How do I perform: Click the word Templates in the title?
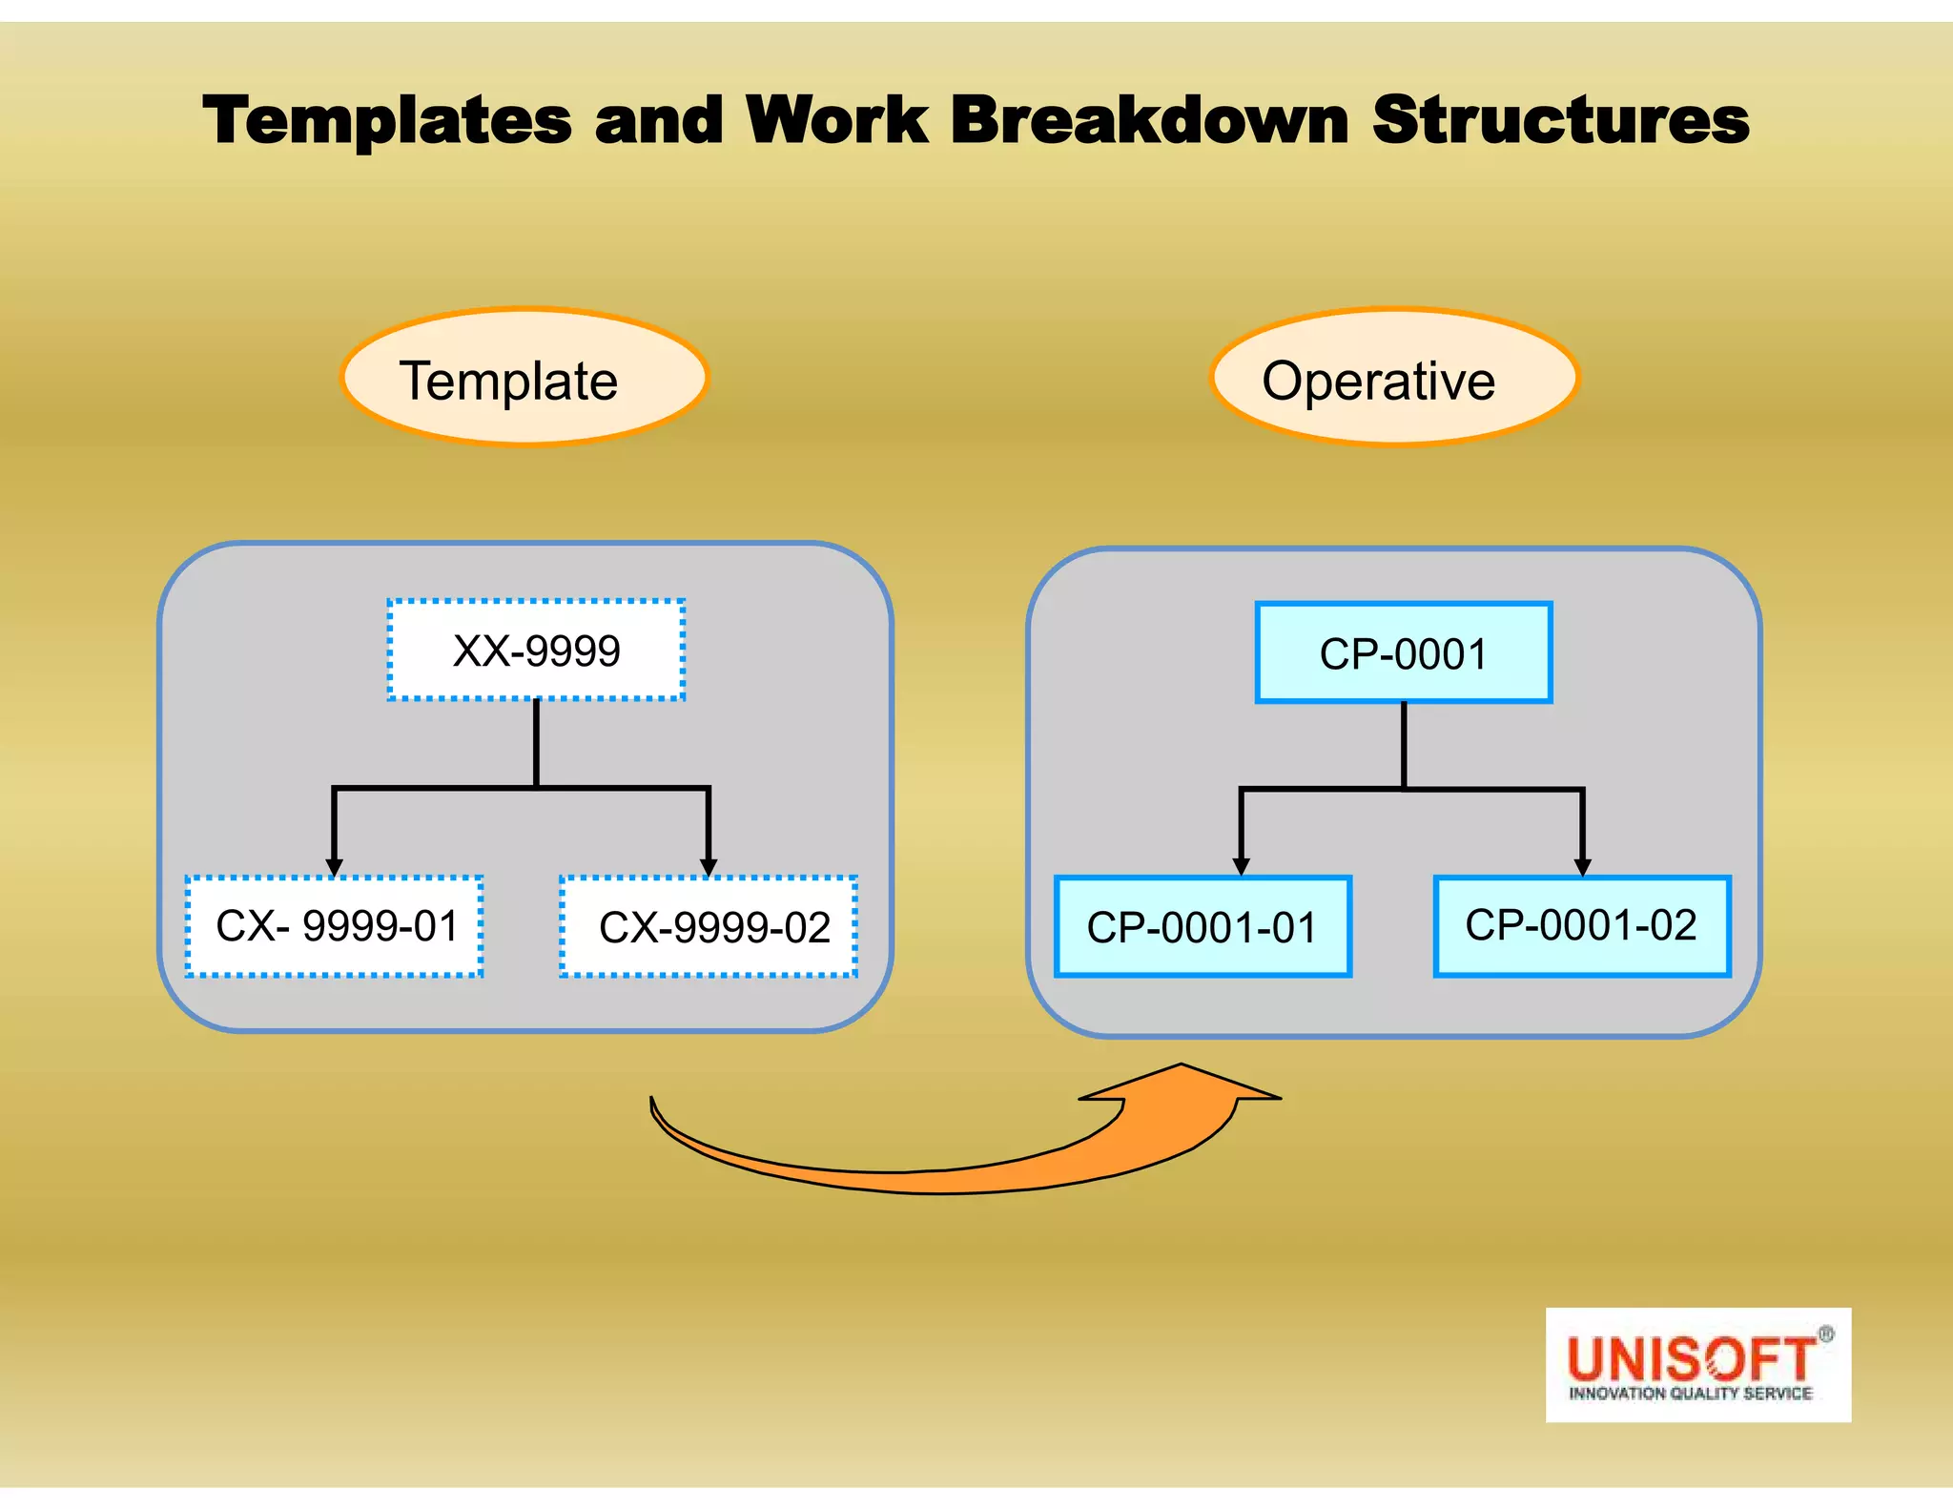click(x=386, y=121)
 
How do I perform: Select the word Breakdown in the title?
click(x=1149, y=121)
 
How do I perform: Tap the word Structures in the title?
click(x=1560, y=121)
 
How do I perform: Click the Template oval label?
click(x=524, y=379)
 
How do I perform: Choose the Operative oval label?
click(x=1393, y=379)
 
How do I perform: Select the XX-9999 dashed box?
click(x=536, y=651)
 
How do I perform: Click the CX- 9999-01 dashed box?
click(x=335, y=926)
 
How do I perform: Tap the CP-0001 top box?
click(x=1403, y=653)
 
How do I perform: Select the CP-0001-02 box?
click(x=1581, y=925)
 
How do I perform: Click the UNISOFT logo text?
click(x=1690, y=1358)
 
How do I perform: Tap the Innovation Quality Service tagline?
click(x=1690, y=1394)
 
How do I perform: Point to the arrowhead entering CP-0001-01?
click(x=1241, y=866)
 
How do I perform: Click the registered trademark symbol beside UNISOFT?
click(x=1825, y=1334)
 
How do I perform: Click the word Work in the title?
click(x=836, y=121)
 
